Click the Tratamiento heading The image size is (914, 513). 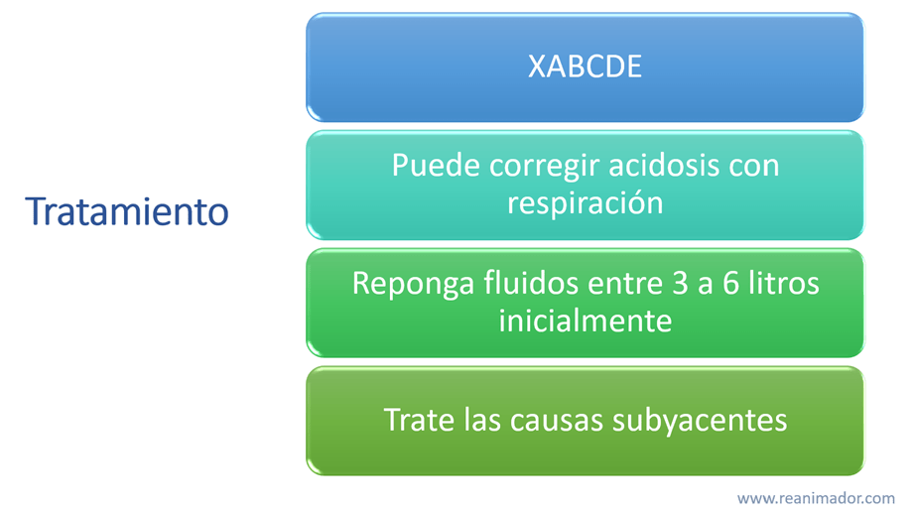tap(126, 211)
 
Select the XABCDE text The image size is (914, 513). tap(585, 66)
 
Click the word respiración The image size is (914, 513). tap(585, 203)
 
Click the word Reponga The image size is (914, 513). tap(413, 285)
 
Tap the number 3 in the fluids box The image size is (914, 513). tap(680, 284)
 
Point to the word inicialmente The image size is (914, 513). tap(585, 321)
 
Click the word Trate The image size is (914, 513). tap(419, 420)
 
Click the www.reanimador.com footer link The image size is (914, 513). tap(816, 498)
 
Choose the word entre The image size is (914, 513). tap(625, 285)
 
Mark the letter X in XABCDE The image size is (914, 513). tap(536, 66)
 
